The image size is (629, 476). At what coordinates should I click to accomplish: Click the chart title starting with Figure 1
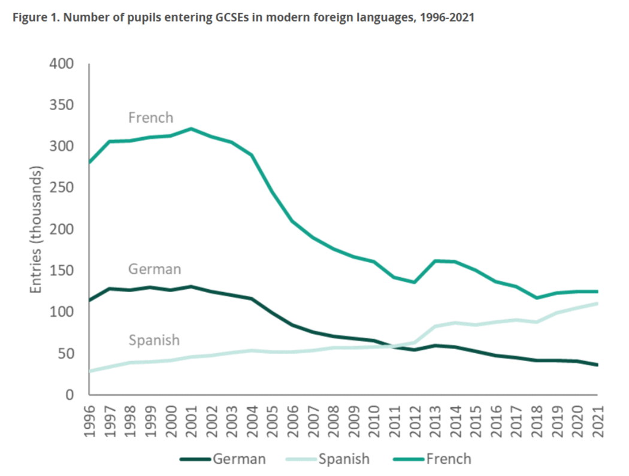coord(242,17)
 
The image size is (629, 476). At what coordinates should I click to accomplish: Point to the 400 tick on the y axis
coord(62,63)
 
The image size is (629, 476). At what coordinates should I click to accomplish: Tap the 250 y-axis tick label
coord(62,188)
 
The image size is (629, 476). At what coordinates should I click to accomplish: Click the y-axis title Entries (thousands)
coord(37,229)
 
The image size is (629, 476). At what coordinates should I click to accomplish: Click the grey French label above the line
coord(150,117)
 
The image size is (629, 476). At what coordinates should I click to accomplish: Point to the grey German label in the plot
coord(154,269)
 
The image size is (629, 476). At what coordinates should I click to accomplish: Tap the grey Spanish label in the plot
coord(154,340)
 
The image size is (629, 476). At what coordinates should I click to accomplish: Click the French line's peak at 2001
coord(191,129)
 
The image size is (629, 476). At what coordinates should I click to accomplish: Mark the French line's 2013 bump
coord(436,261)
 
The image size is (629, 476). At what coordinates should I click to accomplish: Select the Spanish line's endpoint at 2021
coord(597,304)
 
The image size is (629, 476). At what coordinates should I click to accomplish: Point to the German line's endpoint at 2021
coord(597,365)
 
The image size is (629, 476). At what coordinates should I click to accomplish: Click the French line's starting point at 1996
coord(89,162)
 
